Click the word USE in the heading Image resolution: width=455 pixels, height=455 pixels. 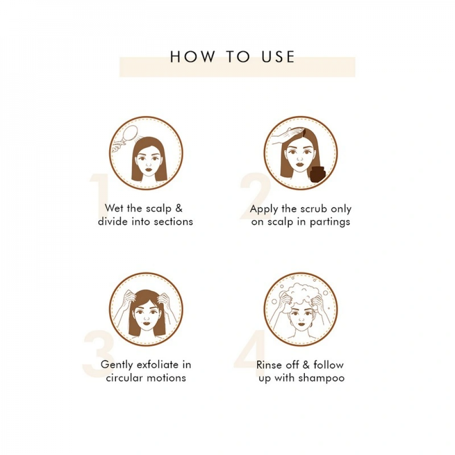(x=278, y=56)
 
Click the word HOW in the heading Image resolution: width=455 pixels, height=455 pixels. (x=192, y=56)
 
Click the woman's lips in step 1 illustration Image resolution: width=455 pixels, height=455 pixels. (x=149, y=167)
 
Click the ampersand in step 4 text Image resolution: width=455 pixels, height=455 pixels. (x=306, y=365)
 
